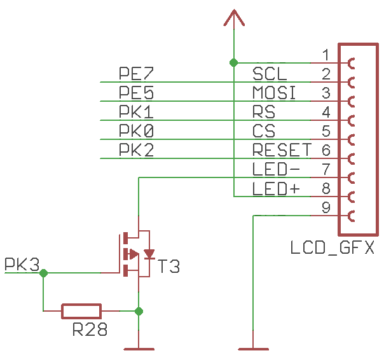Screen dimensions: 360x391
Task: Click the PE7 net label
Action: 137,74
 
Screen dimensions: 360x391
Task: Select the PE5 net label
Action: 137,93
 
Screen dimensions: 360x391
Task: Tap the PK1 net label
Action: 137,112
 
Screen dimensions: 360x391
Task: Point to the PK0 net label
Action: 137,131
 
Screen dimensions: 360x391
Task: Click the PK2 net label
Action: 137,150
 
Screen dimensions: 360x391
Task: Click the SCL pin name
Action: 270,74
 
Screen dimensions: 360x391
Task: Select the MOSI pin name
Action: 275,93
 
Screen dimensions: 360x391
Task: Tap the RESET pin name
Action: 282,150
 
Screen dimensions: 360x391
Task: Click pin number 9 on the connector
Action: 326,207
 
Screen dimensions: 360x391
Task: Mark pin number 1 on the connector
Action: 326,55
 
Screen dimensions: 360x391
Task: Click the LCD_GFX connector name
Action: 332,247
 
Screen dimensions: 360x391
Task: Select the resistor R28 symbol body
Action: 81,311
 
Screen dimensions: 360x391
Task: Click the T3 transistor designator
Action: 169,267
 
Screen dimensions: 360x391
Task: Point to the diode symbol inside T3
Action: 149,254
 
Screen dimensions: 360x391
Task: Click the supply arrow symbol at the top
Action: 234,18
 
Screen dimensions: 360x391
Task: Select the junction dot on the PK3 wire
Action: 43,273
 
